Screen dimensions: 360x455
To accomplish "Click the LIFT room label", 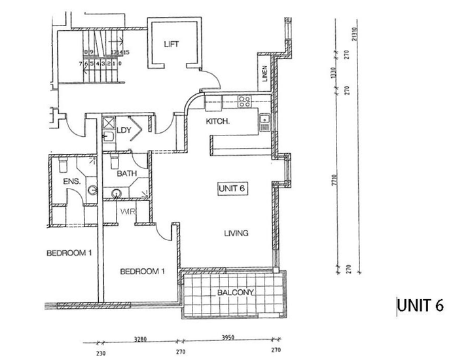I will [x=172, y=44].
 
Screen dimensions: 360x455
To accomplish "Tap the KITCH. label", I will [x=217, y=122].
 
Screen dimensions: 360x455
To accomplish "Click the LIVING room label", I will [x=236, y=233].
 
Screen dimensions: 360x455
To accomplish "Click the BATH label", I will [x=126, y=174].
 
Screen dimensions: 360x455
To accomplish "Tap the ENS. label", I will [x=71, y=182].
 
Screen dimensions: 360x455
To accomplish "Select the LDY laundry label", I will [x=124, y=130].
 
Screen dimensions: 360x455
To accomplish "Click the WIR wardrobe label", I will [x=127, y=212].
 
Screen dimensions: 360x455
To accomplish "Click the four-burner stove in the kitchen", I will [x=245, y=101].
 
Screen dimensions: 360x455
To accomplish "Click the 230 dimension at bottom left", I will [x=100, y=351].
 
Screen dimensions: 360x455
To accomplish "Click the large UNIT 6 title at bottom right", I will [x=420, y=306].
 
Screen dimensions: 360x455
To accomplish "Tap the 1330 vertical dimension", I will [x=334, y=73].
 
